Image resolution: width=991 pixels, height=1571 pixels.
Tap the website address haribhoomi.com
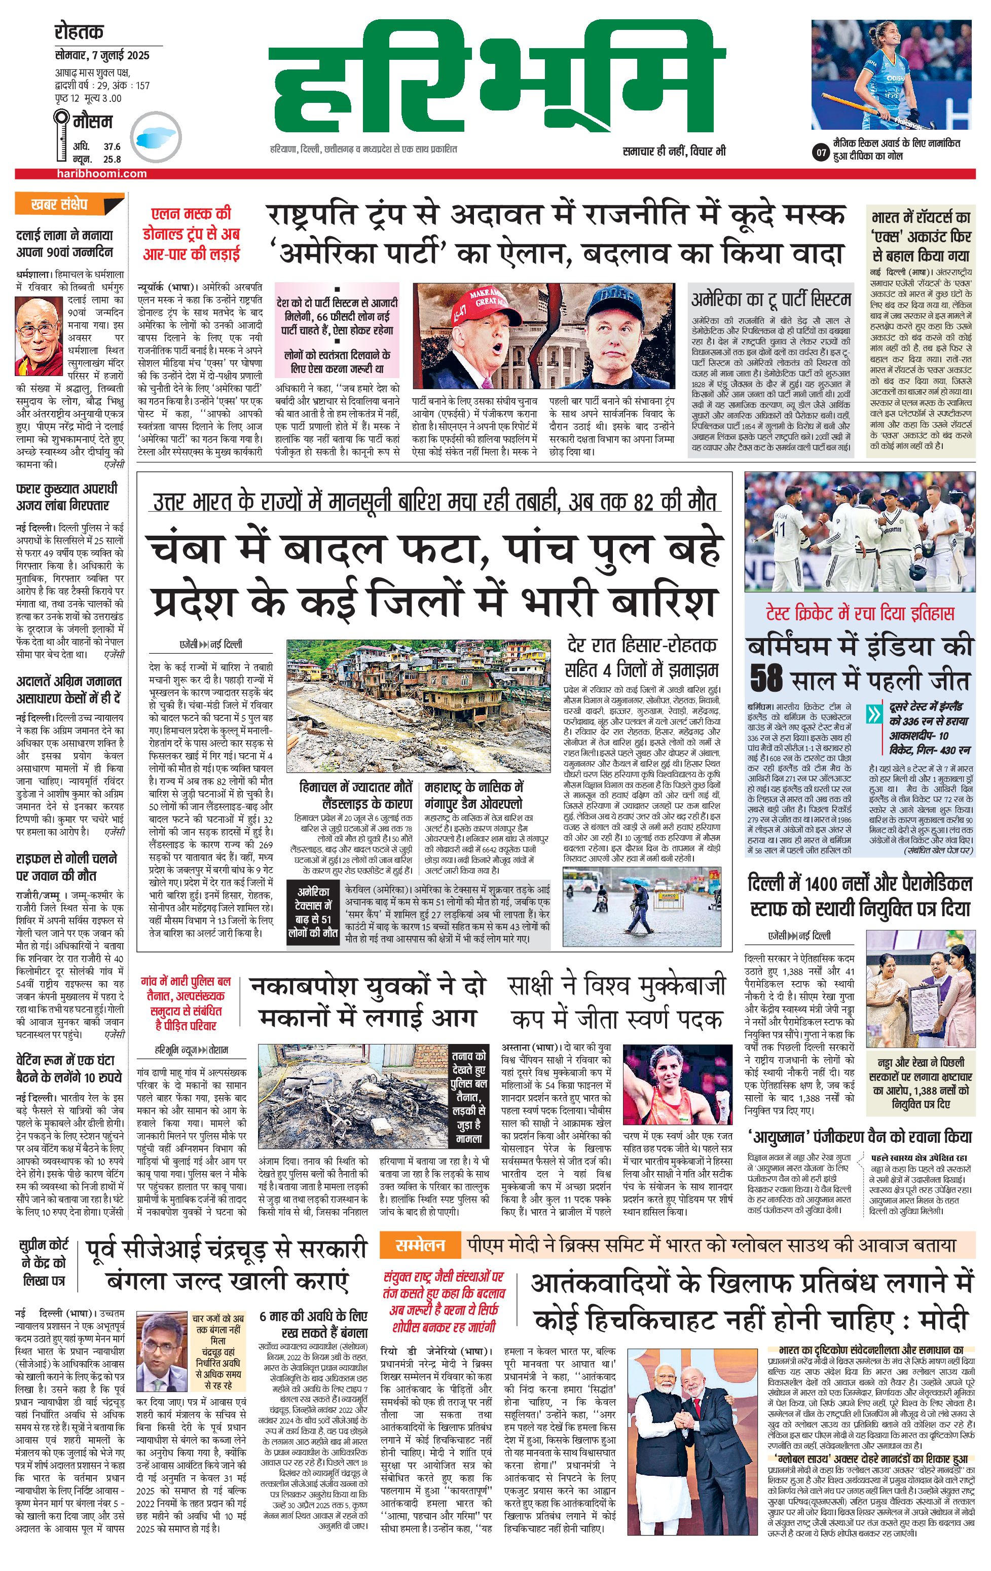(x=101, y=173)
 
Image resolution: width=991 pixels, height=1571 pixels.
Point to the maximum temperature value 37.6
(x=112, y=147)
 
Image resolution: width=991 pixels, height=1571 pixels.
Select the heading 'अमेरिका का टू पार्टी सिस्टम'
(x=771, y=300)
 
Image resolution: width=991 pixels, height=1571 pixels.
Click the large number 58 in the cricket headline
(x=766, y=679)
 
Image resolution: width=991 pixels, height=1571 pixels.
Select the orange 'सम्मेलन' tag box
(x=420, y=1246)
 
